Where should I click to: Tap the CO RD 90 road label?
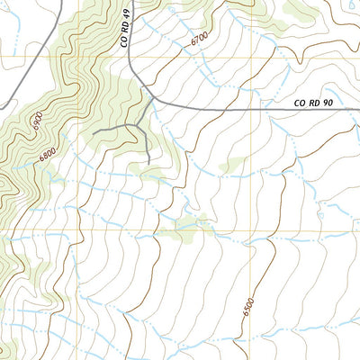pyautogui.click(x=313, y=104)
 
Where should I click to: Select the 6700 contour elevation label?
pyautogui.click(x=203, y=39)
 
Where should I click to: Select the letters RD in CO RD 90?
pyautogui.click(x=313, y=104)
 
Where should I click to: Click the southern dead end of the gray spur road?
pyautogui.click(x=147, y=163)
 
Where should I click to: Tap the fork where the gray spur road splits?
pyautogui.click(x=137, y=125)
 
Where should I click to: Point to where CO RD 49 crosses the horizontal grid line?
pyautogui.click(x=129, y=58)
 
